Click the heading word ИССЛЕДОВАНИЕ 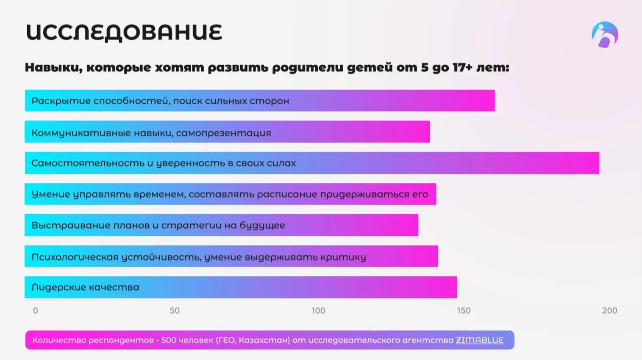124,33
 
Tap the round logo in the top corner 605,35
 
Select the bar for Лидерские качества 241,287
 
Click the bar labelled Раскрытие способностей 259,101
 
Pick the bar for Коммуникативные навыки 227,132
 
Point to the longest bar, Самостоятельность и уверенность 312,163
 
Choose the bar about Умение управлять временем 230,194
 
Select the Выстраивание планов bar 221,225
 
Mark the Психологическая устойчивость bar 231,256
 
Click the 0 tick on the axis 36,310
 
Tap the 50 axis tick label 175,310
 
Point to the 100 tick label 318,310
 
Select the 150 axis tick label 463,310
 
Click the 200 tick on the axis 609,310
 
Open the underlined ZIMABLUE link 479,340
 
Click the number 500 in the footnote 168,340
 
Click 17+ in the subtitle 462,67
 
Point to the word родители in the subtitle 308,67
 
